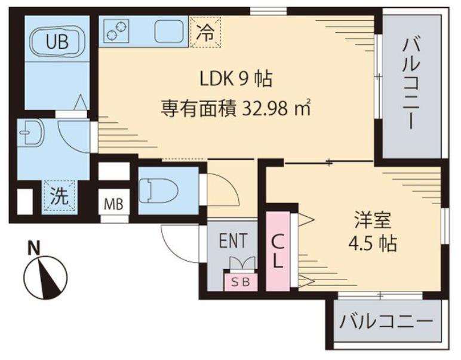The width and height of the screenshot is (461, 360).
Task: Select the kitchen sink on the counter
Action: pyautogui.click(x=169, y=31)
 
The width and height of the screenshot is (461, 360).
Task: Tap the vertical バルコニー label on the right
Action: pyautogui.click(x=411, y=84)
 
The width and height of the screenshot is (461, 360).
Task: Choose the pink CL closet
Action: pyautogui.click(x=278, y=251)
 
